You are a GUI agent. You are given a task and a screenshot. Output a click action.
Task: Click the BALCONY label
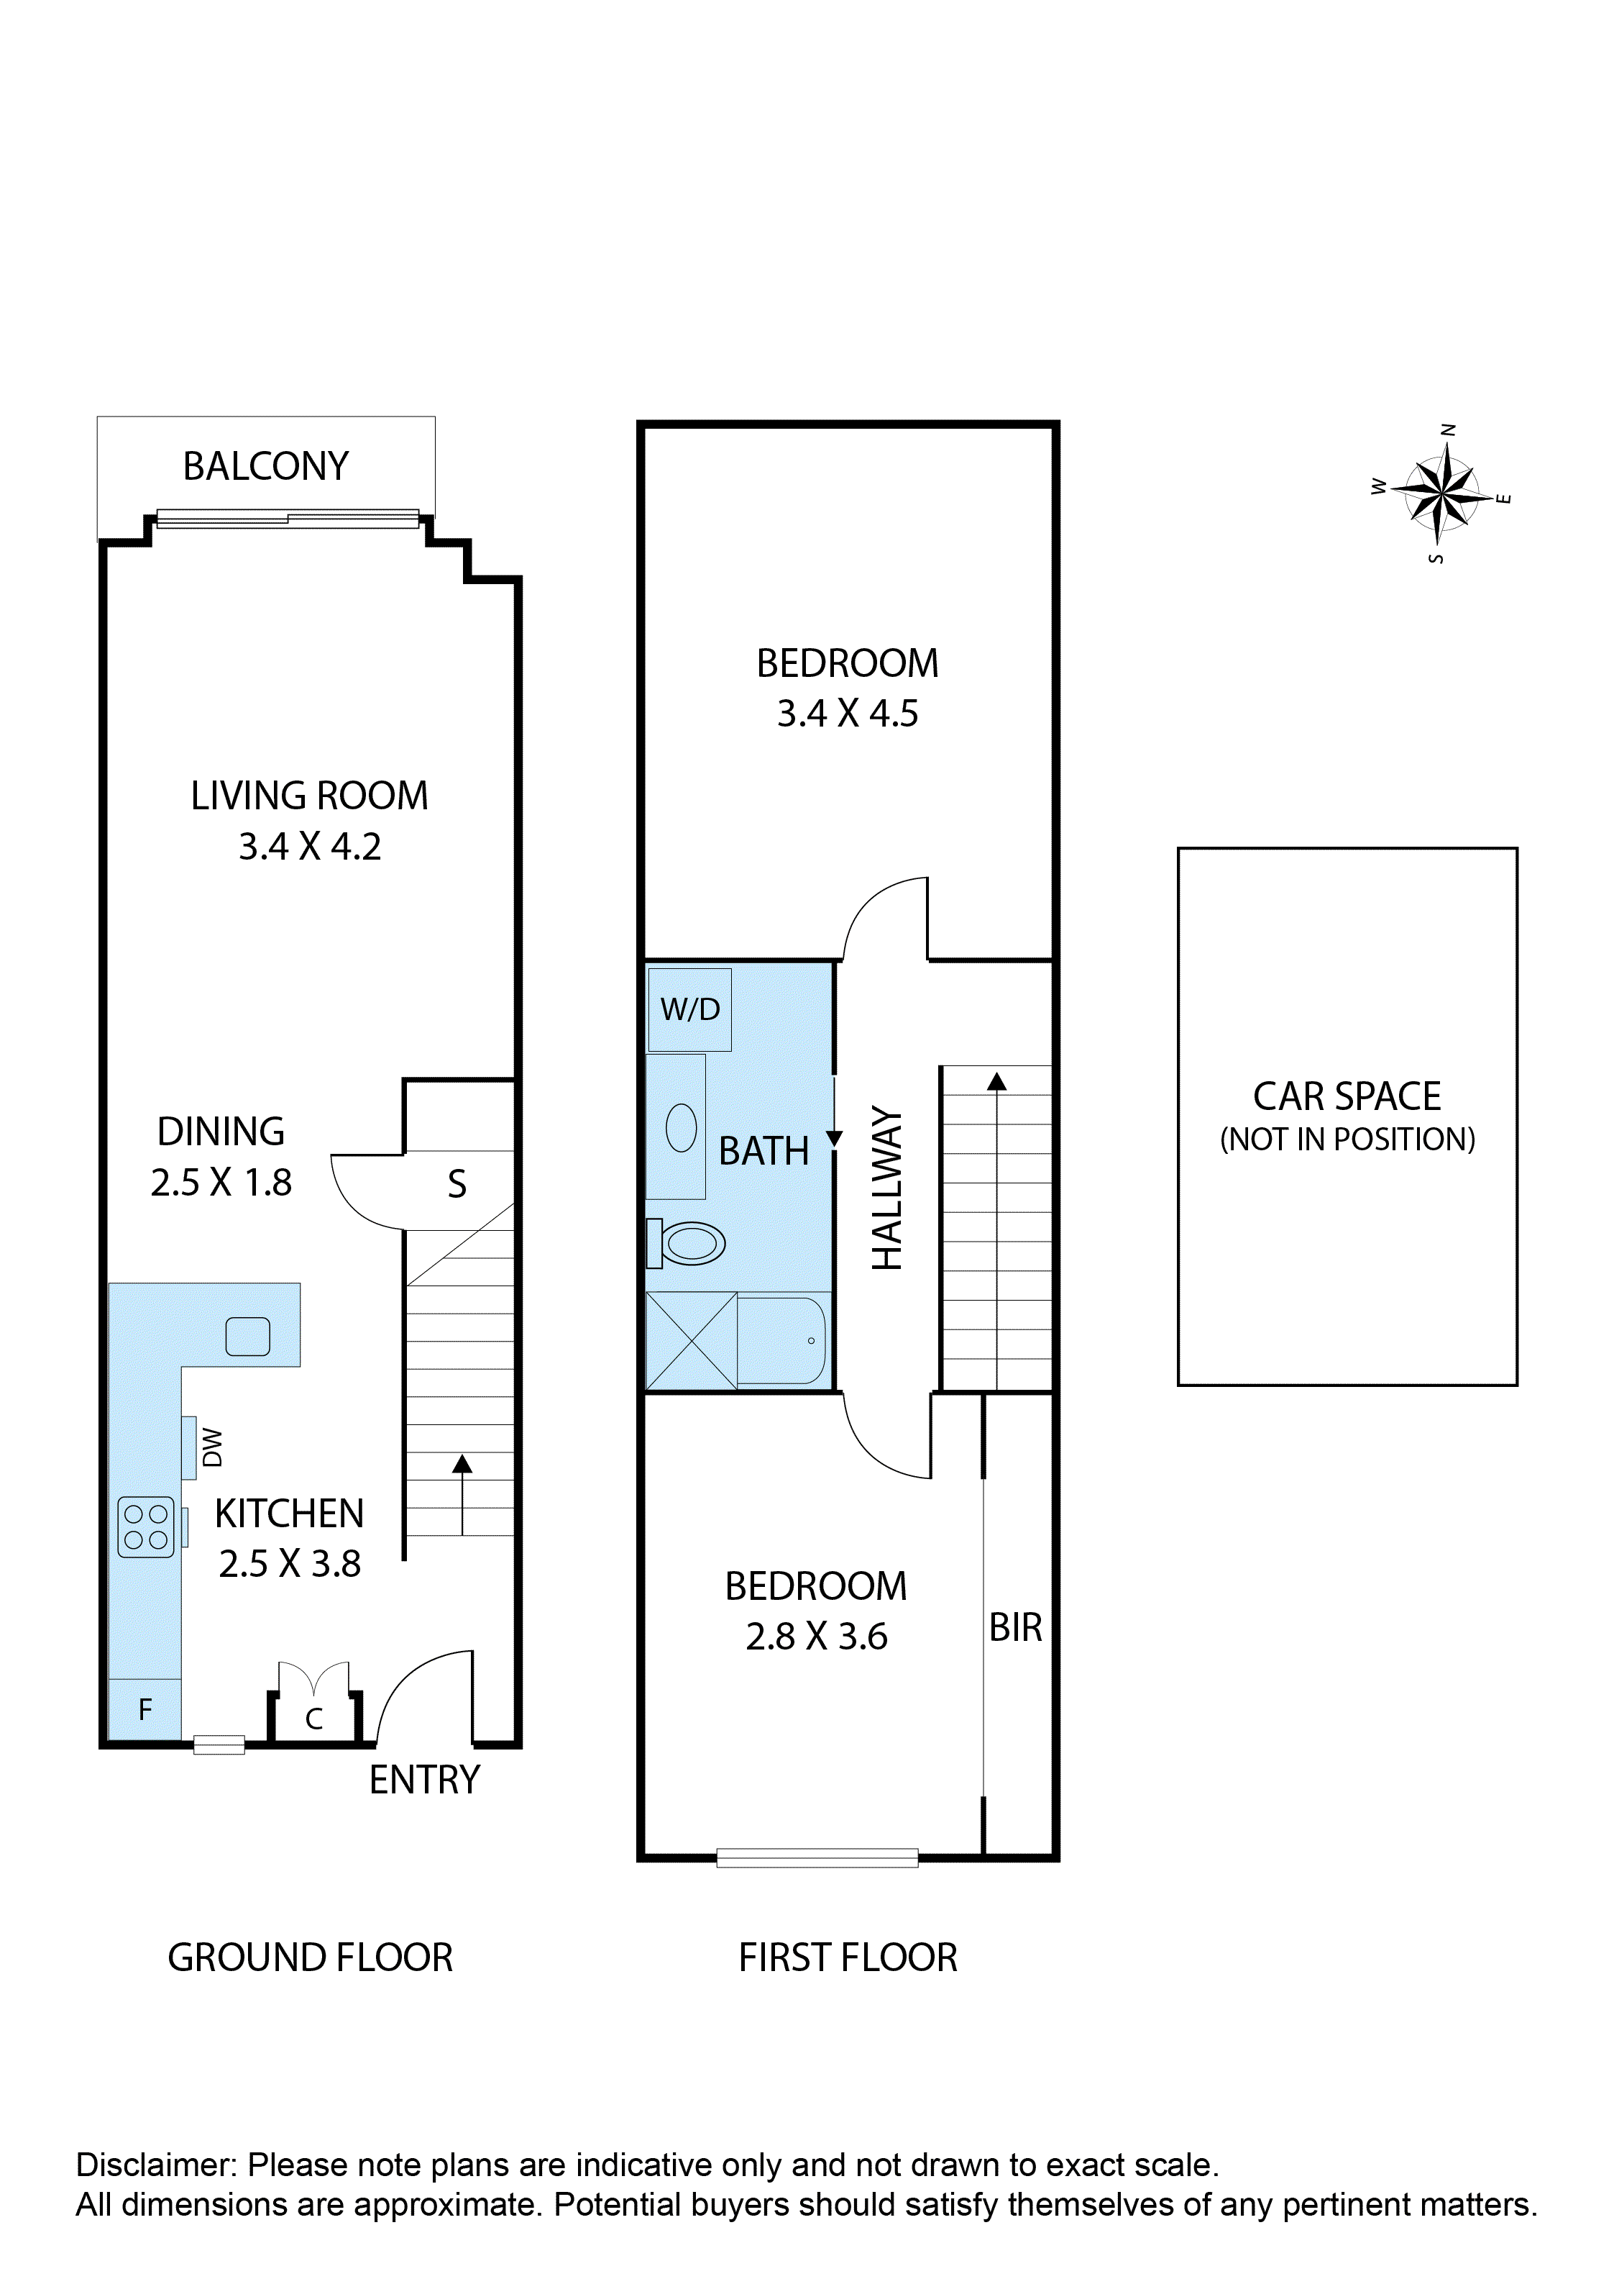[x=265, y=467]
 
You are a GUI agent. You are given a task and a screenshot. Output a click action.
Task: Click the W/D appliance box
[x=690, y=1010]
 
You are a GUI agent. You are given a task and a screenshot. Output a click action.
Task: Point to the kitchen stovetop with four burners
[x=146, y=1527]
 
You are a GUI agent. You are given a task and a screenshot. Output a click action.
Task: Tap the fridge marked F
[x=145, y=1710]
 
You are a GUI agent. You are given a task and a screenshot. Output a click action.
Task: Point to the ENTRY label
[x=425, y=1780]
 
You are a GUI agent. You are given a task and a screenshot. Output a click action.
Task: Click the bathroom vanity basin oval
[x=682, y=1127]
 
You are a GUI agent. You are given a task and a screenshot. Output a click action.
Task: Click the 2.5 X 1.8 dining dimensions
[x=221, y=1182]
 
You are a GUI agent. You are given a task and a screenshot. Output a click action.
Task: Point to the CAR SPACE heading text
[x=1347, y=1096]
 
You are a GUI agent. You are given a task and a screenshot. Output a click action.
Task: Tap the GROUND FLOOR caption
[x=311, y=1957]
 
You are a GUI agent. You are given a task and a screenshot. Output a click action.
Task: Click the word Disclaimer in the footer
[x=156, y=2165]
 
